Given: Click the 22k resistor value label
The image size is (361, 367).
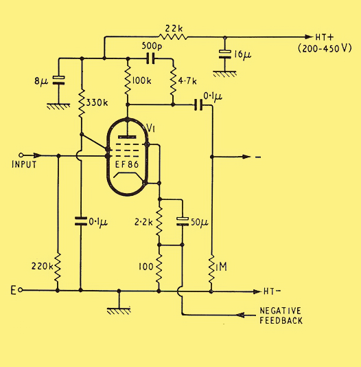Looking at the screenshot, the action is pyautogui.click(x=174, y=29).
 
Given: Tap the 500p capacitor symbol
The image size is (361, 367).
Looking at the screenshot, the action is pyautogui.click(x=150, y=58).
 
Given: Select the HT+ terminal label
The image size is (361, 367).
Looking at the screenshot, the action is pyautogui.click(x=325, y=37).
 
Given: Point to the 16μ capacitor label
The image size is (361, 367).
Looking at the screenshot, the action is pyautogui.click(x=242, y=55).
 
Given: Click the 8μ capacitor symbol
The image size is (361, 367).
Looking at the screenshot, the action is pyautogui.click(x=58, y=80).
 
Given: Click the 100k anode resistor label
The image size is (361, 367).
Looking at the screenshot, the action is pyautogui.click(x=141, y=81).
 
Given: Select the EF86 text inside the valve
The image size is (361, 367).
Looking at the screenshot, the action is pyautogui.click(x=127, y=164).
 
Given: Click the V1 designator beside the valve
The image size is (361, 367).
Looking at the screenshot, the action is pyautogui.click(x=151, y=128).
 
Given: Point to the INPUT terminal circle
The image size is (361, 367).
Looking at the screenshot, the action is pyautogui.click(x=21, y=155).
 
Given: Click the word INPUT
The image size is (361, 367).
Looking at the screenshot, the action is pyautogui.click(x=24, y=164).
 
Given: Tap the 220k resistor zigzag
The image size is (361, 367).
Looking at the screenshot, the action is pyautogui.click(x=58, y=267).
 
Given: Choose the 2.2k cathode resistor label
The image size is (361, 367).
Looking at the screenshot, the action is pyautogui.click(x=143, y=222).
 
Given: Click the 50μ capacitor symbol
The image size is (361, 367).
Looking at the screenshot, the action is pyautogui.click(x=183, y=221).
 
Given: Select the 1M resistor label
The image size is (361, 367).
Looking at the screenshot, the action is pyautogui.click(x=221, y=267).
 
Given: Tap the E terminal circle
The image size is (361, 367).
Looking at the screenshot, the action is pyautogui.click(x=21, y=290).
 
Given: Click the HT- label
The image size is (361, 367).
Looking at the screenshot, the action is pyautogui.click(x=272, y=291).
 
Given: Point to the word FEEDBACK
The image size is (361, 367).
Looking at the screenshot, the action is pyautogui.click(x=281, y=320).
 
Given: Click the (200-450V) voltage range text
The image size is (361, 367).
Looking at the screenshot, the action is pyautogui.click(x=325, y=49).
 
